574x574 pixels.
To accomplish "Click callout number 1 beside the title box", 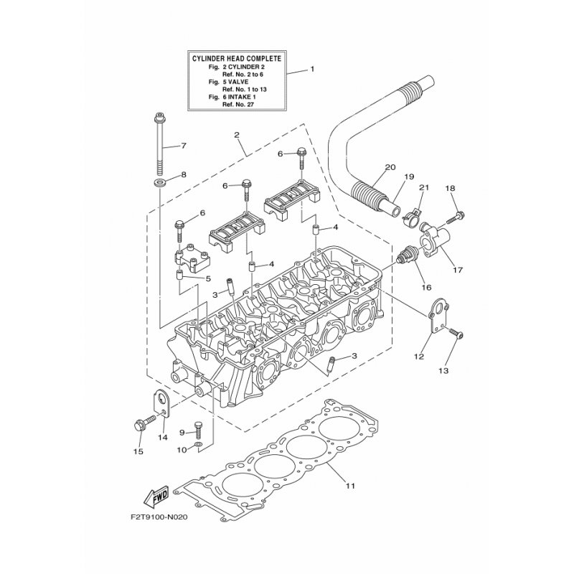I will pyautogui.click(x=312, y=70).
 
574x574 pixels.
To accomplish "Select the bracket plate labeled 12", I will pyautogui.click(x=436, y=319).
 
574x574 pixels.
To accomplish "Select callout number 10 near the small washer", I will pyautogui.click(x=182, y=450).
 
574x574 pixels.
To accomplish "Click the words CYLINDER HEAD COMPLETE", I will pyautogui.click(x=236, y=57).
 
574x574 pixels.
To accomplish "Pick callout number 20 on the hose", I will pyautogui.click(x=390, y=167).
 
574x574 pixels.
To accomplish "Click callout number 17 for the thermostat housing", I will pyautogui.click(x=458, y=272).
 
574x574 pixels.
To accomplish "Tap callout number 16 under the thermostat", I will pyautogui.click(x=427, y=286).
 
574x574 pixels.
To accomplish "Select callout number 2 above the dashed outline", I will pyautogui.click(x=235, y=134).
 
